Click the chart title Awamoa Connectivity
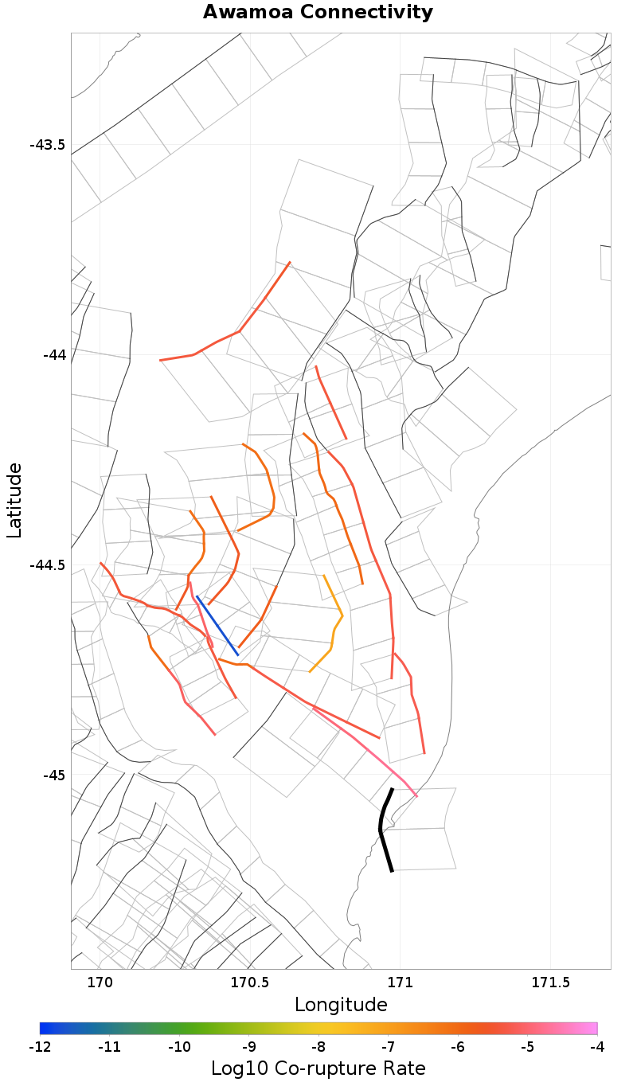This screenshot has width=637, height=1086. [x=318, y=13]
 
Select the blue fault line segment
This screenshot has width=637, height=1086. [x=217, y=626]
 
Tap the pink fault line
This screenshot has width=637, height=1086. [x=366, y=749]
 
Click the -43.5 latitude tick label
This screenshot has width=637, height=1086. [x=47, y=145]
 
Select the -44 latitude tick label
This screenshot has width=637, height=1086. [x=53, y=354]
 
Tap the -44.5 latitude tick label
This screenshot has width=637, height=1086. [x=47, y=565]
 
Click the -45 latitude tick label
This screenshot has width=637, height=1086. [x=53, y=775]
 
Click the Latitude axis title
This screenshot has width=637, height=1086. [x=15, y=501]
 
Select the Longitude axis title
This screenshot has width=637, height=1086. [x=341, y=1005]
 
